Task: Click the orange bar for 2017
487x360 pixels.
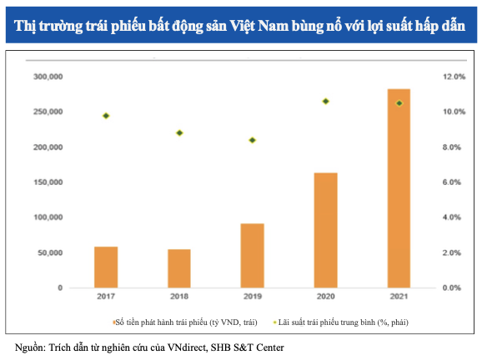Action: (x=106, y=267)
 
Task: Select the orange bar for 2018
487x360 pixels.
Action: (x=179, y=267)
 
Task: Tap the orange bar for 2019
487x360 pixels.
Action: (x=253, y=255)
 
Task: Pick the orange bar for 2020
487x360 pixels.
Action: (x=325, y=229)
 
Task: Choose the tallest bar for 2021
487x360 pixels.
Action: (x=399, y=187)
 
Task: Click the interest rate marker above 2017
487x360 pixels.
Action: (x=106, y=116)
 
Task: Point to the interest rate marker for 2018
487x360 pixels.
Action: (x=179, y=132)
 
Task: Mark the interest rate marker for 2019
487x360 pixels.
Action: (x=253, y=140)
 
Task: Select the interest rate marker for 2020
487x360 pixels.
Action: (x=325, y=101)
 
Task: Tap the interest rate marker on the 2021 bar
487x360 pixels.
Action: (x=399, y=103)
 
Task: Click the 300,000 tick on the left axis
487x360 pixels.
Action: (x=47, y=77)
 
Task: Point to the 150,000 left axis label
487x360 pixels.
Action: (x=47, y=182)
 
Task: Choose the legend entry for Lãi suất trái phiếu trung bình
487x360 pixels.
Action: (x=349, y=321)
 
